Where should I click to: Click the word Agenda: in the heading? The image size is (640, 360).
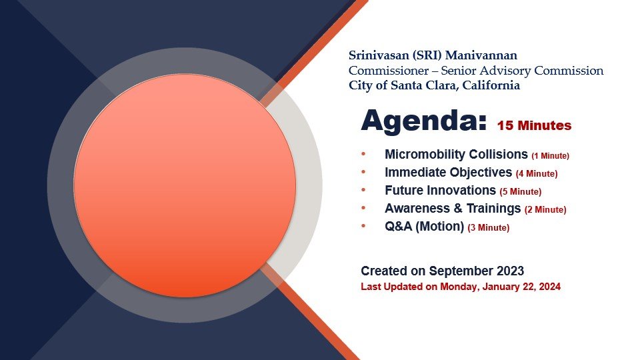tap(424, 121)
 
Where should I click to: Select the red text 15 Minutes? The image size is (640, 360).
tap(534, 125)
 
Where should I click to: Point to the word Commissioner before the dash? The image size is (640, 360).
tap(389, 71)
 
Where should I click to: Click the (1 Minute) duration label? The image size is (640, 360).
tap(550, 156)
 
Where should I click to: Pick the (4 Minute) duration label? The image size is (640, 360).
tap(537, 174)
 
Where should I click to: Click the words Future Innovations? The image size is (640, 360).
tap(441, 190)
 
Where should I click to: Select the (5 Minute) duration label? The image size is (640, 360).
tap(521, 192)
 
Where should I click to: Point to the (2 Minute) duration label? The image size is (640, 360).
tap(545, 210)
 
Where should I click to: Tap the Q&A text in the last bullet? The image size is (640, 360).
tap(399, 226)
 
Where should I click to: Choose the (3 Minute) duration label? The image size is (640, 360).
tap(489, 228)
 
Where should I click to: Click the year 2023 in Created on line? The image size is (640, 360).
tap(510, 271)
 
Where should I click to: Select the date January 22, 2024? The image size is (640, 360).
tap(521, 287)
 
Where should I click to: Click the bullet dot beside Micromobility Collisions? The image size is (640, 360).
tap(363, 154)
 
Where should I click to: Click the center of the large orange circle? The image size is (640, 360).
tap(185, 185)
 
